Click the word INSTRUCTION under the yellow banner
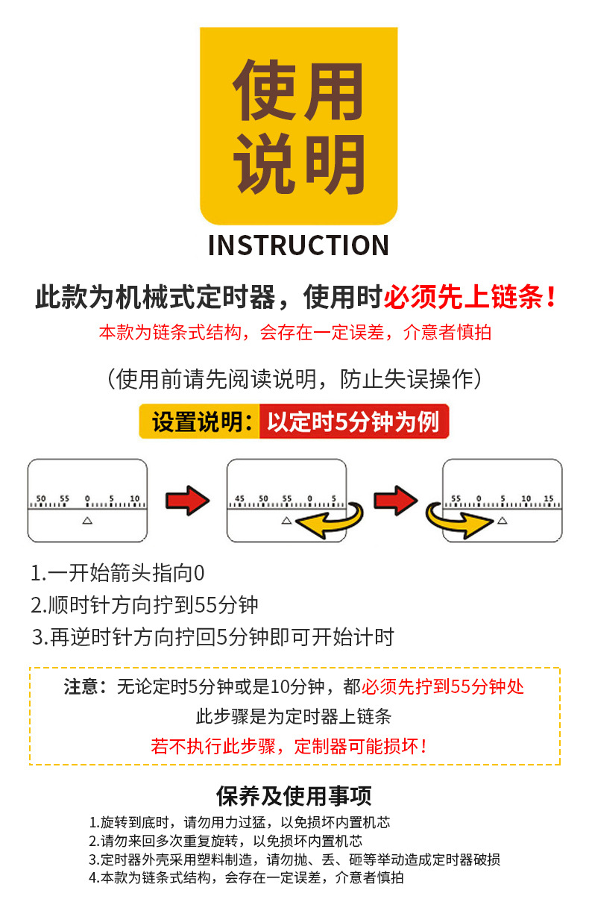point(298,245)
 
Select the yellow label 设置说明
point(198,422)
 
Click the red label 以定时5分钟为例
point(353,422)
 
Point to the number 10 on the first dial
point(134,498)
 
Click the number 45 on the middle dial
point(240,498)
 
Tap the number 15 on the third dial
point(548,498)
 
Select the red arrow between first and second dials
point(186,499)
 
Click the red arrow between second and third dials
point(394,499)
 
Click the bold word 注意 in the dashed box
point(81,686)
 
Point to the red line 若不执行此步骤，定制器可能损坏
point(289,745)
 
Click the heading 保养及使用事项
point(294,796)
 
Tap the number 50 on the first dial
point(41,498)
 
